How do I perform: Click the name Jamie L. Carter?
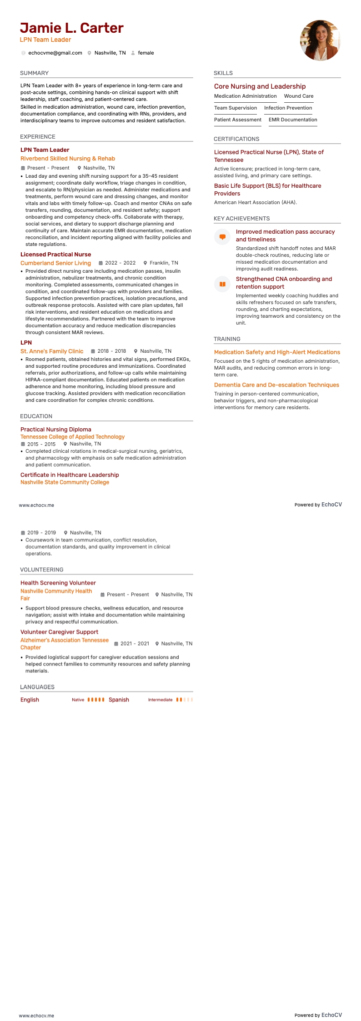point(72,28)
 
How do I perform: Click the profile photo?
point(320,40)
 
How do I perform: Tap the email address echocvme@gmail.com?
point(55,53)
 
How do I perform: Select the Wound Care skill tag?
point(299,96)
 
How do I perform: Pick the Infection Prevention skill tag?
point(288,108)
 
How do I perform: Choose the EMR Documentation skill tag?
point(293,120)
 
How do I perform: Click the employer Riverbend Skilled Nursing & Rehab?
point(68,159)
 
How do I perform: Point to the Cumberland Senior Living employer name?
point(55,263)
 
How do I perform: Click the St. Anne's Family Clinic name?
point(52,351)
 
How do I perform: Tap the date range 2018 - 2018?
point(111,351)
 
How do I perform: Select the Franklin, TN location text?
point(164,263)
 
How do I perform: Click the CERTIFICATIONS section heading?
point(236,139)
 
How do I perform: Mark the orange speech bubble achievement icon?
point(222,237)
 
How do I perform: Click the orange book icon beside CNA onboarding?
point(222,284)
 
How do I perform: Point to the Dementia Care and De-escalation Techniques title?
point(276,385)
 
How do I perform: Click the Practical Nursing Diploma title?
point(56,430)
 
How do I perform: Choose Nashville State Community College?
point(65,482)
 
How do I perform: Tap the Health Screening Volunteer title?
point(58,583)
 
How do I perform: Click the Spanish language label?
point(119,700)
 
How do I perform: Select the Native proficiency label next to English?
point(78,700)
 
